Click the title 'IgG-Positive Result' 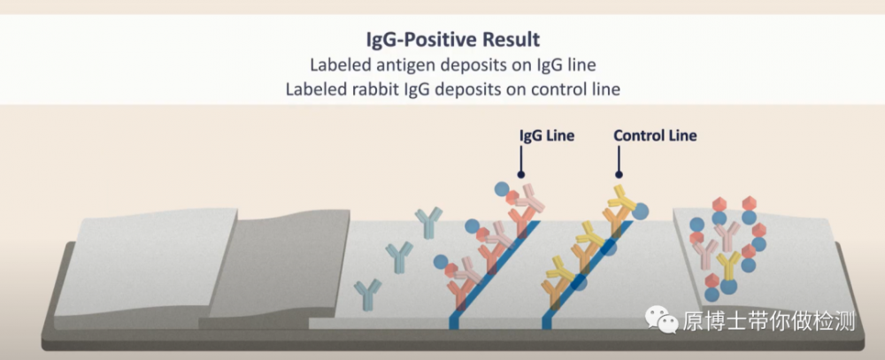(452, 40)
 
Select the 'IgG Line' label (546, 136)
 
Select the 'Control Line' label (655, 135)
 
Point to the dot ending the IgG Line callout (521, 175)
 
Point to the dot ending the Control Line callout (619, 175)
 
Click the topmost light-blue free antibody (429, 222)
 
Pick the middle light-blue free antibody (399, 257)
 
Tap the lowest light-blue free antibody (367, 295)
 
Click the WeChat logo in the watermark (662, 320)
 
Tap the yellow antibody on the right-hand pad (728, 266)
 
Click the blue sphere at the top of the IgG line (502, 189)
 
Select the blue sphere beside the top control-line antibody (640, 211)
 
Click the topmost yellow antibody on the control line (621, 197)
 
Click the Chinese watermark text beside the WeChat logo (769, 320)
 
